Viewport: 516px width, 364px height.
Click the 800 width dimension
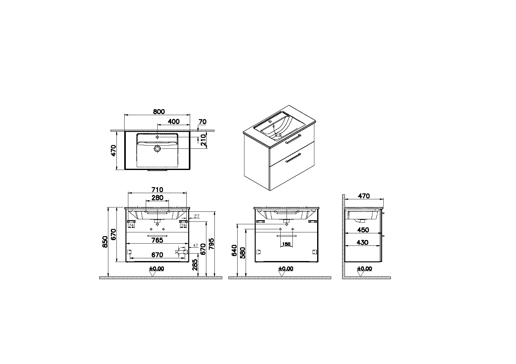pos(159,112)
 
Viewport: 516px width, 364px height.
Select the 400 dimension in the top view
pos(174,122)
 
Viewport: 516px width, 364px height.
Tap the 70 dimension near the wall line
pos(203,122)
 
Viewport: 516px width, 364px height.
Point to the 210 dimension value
pos(203,140)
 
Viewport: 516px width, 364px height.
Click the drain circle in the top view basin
pos(157,149)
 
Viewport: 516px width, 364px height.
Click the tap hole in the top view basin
pos(157,137)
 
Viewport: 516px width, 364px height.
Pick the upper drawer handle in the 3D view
pos(293,139)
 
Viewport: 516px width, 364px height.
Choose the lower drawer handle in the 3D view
pos(293,158)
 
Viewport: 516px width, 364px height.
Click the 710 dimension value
pos(157,190)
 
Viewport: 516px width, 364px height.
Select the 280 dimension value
pos(158,198)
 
